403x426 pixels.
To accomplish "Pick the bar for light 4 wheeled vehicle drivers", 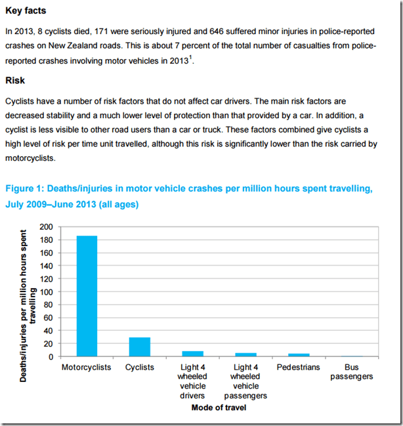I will [192, 354].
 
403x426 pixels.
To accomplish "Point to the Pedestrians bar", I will [298, 355].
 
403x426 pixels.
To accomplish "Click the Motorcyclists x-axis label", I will [86, 367].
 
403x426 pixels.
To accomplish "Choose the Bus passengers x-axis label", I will [351, 372].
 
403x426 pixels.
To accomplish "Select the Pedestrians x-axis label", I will [298, 367].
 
